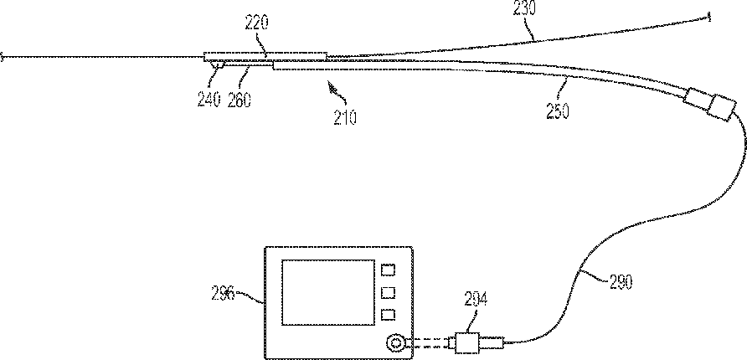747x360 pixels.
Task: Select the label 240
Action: point(209,100)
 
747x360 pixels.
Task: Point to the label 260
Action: point(240,100)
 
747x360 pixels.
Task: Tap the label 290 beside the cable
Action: point(616,282)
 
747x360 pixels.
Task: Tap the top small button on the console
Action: point(388,270)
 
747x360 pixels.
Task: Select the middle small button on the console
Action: point(388,292)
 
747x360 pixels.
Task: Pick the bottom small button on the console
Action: point(388,315)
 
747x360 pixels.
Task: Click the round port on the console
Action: point(394,342)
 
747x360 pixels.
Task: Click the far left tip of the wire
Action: point(3,58)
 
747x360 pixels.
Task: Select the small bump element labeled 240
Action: point(216,65)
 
